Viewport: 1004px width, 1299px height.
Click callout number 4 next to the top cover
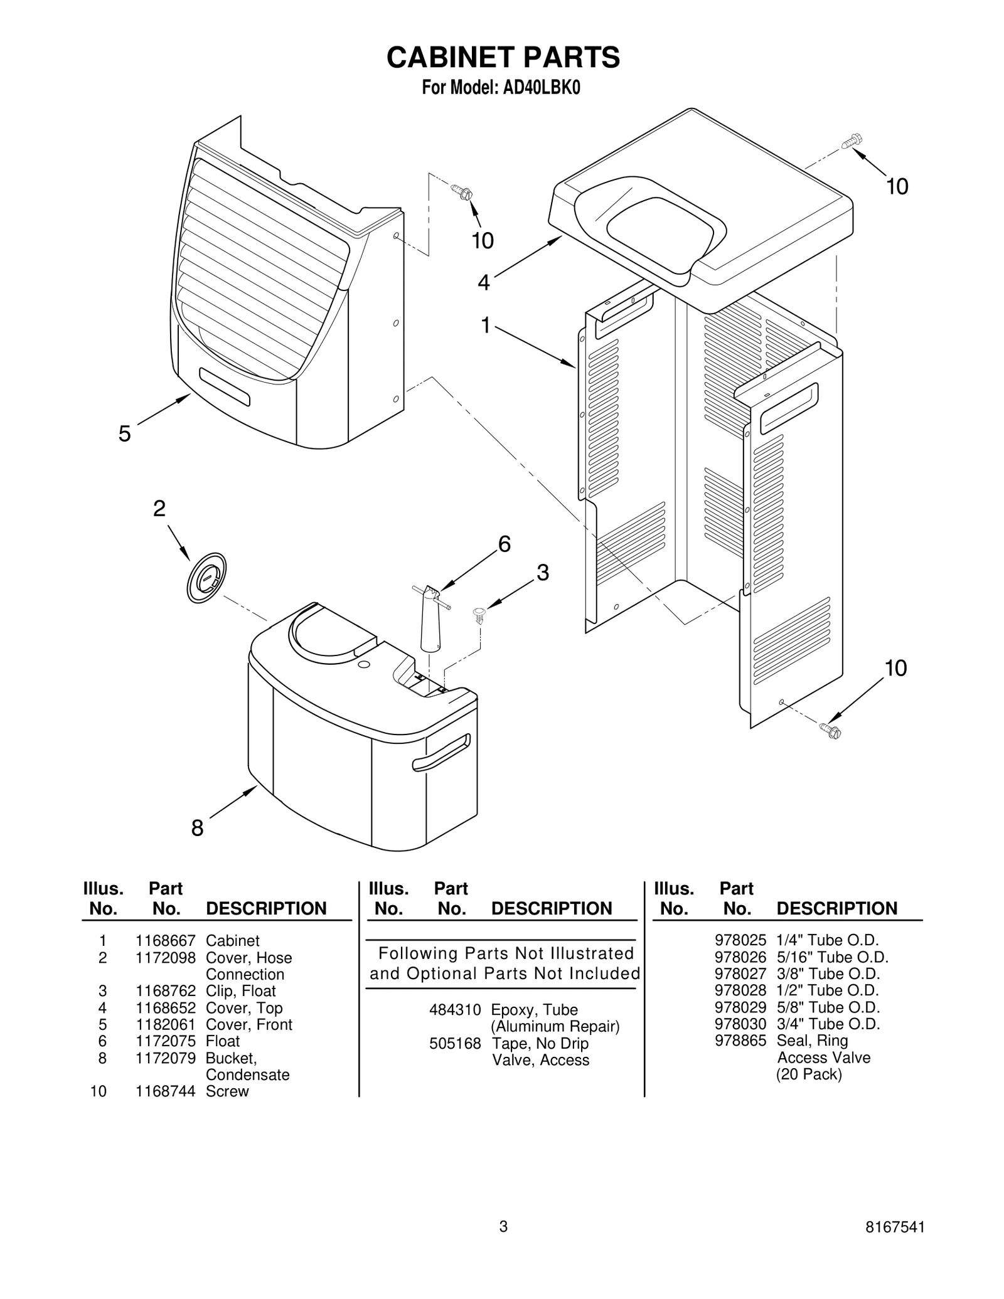coord(483,283)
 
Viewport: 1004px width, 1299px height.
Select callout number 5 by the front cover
coord(125,433)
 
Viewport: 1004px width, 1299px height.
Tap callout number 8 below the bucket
coord(197,829)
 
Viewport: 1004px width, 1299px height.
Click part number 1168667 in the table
coord(166,941)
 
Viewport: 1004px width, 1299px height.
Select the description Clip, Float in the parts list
coord(240,991)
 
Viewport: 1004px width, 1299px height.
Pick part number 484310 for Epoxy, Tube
coord(455,1010)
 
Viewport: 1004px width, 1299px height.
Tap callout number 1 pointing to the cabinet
coord(485,325)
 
